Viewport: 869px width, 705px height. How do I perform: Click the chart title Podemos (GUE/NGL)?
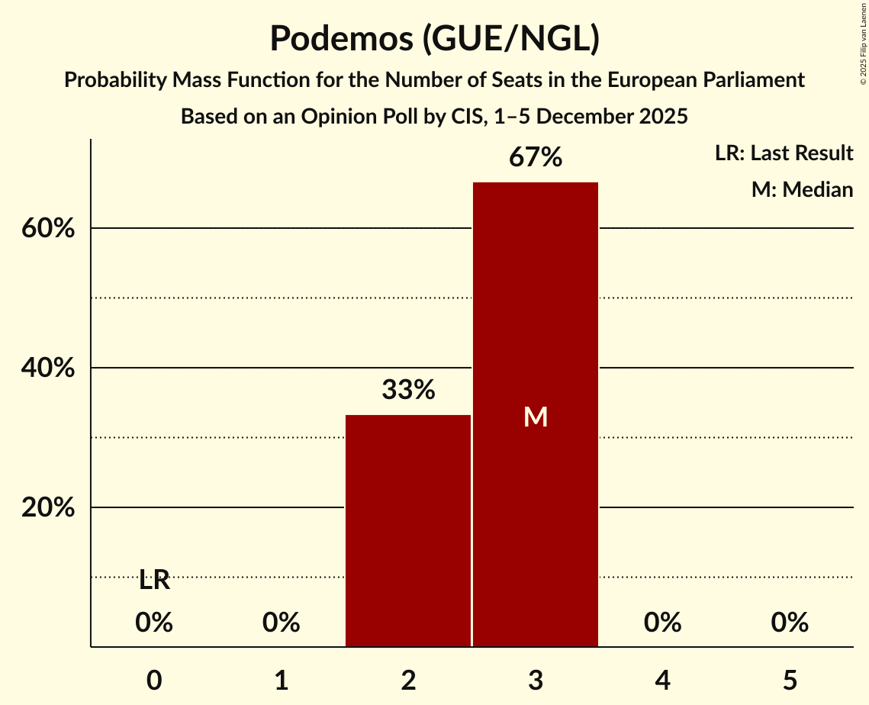point(434,38)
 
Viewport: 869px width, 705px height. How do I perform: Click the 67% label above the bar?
point(536,158)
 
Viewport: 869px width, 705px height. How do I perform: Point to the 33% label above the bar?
point(408,391)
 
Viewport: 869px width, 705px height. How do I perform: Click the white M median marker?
point(536,417)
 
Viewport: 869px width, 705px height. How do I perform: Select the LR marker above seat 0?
point(154,581)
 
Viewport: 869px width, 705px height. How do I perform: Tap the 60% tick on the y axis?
point(47,228)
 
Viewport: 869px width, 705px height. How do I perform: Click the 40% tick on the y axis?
point(47,368)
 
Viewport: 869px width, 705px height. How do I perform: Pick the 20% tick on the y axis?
point(47,507)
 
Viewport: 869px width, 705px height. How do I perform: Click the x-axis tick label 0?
point(154,680)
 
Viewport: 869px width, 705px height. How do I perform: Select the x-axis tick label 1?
point(282,680)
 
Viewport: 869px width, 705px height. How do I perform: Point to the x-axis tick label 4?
point(662,680)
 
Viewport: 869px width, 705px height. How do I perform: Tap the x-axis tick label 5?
point(790,680)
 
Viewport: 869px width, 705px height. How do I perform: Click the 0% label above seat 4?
point(662,623)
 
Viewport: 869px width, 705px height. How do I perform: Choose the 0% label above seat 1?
point(282,623)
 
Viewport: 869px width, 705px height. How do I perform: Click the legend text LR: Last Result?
point(784,153)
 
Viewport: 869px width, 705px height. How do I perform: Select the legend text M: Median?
point(802,189)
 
